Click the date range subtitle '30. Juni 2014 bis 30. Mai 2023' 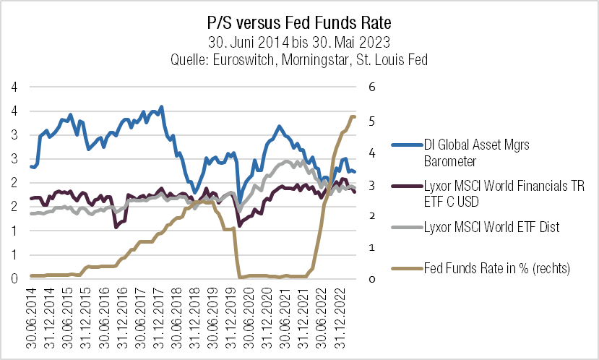pos(299,42)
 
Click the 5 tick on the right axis pos(373,121)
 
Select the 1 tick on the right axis pos(373,247)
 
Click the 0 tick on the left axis pos(14,278)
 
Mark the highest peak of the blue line pos(160,107)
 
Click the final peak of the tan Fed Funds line pos(353,116)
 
